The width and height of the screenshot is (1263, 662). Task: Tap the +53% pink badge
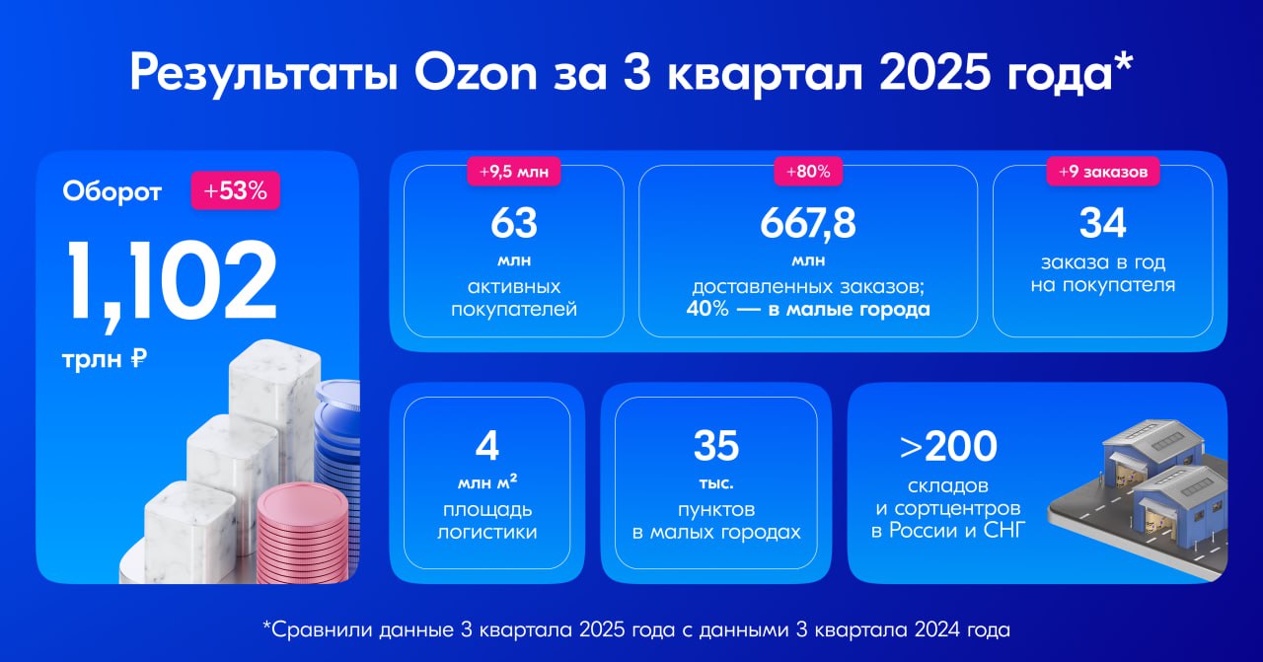tap(235, 190)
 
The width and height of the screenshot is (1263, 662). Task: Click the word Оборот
tap(112, 190)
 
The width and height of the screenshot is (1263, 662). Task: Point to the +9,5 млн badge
tap(514, 172)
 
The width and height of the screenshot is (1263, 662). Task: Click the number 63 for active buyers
tap(514, 224)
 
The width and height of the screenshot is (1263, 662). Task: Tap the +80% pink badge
tap(808, 172)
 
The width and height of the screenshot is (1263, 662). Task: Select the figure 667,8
tap(808, 224)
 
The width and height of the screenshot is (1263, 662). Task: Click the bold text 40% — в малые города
tap(808, 309)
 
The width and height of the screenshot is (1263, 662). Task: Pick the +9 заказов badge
tap(1103, 172)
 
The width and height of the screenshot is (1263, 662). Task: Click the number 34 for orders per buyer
tap(1103, 224)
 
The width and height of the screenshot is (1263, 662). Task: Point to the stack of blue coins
tap(339, 434)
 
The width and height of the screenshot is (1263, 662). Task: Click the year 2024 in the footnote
tap(973, 627)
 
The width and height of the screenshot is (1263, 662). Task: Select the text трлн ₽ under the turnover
tap(104, 360)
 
